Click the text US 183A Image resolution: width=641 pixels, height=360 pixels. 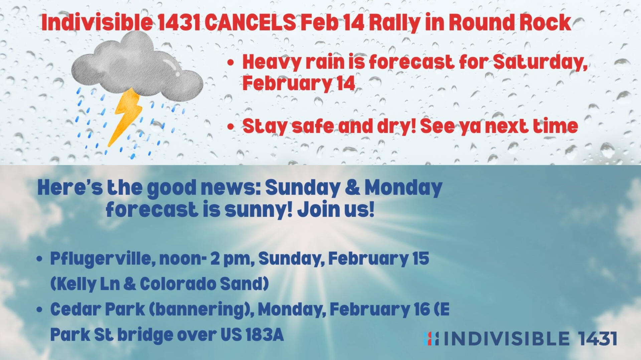tap(252, 335)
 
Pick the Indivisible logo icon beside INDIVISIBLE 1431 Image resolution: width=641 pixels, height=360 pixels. tap(431, 339)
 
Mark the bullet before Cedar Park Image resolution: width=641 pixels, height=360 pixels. tap(40, 310)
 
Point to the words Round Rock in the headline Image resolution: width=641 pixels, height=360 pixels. tap(510, 22)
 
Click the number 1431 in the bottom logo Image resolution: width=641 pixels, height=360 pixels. tap(598, 339)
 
